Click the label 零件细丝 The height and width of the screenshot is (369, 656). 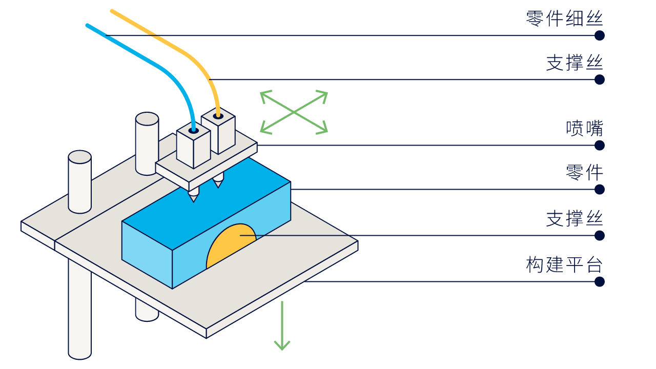(564, 18)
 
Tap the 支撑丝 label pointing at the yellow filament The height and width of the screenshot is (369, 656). (575, 63)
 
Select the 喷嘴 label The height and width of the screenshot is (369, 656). (584, 128)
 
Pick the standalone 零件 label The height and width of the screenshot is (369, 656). (584, 172)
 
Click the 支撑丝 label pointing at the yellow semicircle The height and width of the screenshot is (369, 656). (575, 218)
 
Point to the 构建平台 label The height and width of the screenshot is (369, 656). (564, 264)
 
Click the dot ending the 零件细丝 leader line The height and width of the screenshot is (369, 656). (600, 35)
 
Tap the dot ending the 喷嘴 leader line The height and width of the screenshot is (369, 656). (600, 145)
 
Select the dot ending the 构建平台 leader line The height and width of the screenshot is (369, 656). (600, 282)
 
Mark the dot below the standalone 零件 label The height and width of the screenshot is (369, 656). (600, 190)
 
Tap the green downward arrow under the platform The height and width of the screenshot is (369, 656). (282, 325)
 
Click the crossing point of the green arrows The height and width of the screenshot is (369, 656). (294, 112)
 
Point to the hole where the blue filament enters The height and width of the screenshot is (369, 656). (193, 131)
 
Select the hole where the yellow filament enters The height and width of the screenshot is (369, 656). (218, 116)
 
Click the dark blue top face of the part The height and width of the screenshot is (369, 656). (205, 205)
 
